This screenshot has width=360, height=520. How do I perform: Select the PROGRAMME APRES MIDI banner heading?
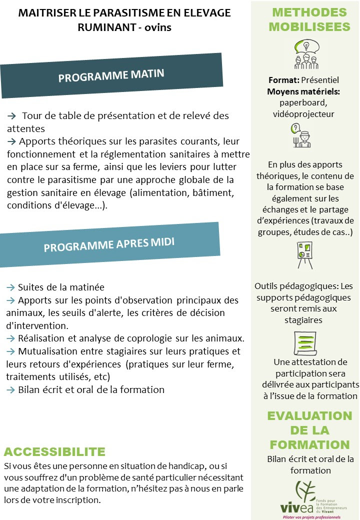pos(109,245)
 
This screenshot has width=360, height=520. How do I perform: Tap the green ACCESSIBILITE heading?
pos(54,452)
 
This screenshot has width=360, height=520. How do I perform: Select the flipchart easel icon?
pos(304,255)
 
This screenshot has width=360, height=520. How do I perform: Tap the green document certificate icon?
pos(304,343)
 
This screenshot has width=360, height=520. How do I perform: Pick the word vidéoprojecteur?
pos(303,114)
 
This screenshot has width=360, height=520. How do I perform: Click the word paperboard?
pos(303,102)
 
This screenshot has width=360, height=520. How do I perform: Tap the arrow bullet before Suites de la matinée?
pos(10,287)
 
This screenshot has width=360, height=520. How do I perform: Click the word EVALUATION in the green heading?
pos(309,416)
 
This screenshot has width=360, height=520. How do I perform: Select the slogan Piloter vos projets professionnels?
pos(311,517)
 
